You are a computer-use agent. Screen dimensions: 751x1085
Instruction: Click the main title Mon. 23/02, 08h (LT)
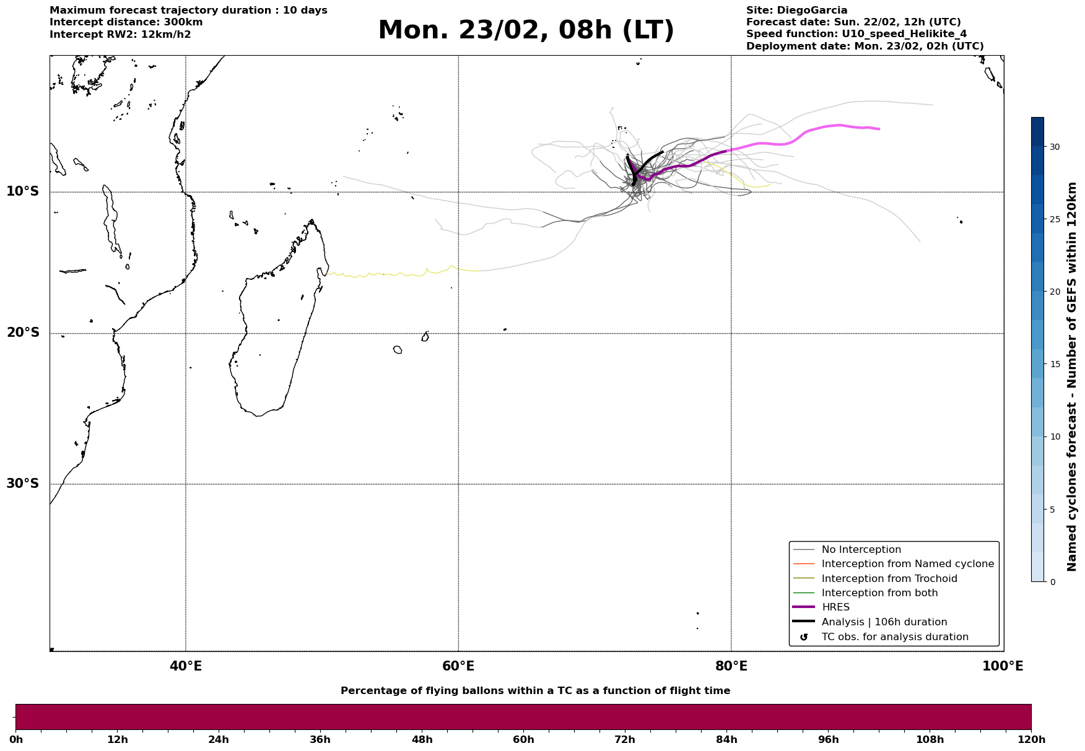[x=525, y=30]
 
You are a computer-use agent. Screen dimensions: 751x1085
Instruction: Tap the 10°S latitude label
[x=23, y=191]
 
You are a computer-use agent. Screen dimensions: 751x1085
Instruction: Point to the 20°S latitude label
[x=23, y=333]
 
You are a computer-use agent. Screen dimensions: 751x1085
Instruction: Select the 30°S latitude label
[x=23, y=484]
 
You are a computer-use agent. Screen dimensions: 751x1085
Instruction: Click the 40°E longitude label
[x=186, y=667]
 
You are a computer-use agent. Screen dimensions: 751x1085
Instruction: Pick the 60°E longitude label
[x=458, y=667]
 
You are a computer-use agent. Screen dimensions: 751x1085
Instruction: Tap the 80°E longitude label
[x=731, y=667]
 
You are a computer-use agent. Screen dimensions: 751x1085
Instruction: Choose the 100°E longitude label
[x=1003, y=667]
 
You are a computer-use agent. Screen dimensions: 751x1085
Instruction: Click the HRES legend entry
[x=835, y=607]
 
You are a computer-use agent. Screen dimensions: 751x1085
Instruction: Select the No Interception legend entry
[x=861, y=550]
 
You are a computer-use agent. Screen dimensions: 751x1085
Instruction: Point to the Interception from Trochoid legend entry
[x=889, y=579]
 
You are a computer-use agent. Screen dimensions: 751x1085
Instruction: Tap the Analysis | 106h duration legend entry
[x=884, y=622]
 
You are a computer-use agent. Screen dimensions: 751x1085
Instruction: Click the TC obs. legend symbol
[x=804, y=637]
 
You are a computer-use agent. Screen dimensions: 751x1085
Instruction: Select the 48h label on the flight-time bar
[x=422, y=740]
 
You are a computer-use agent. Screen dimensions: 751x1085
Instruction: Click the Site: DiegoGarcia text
[x=796, y=11]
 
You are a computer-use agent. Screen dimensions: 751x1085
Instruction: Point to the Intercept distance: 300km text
[x=126, y=22]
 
